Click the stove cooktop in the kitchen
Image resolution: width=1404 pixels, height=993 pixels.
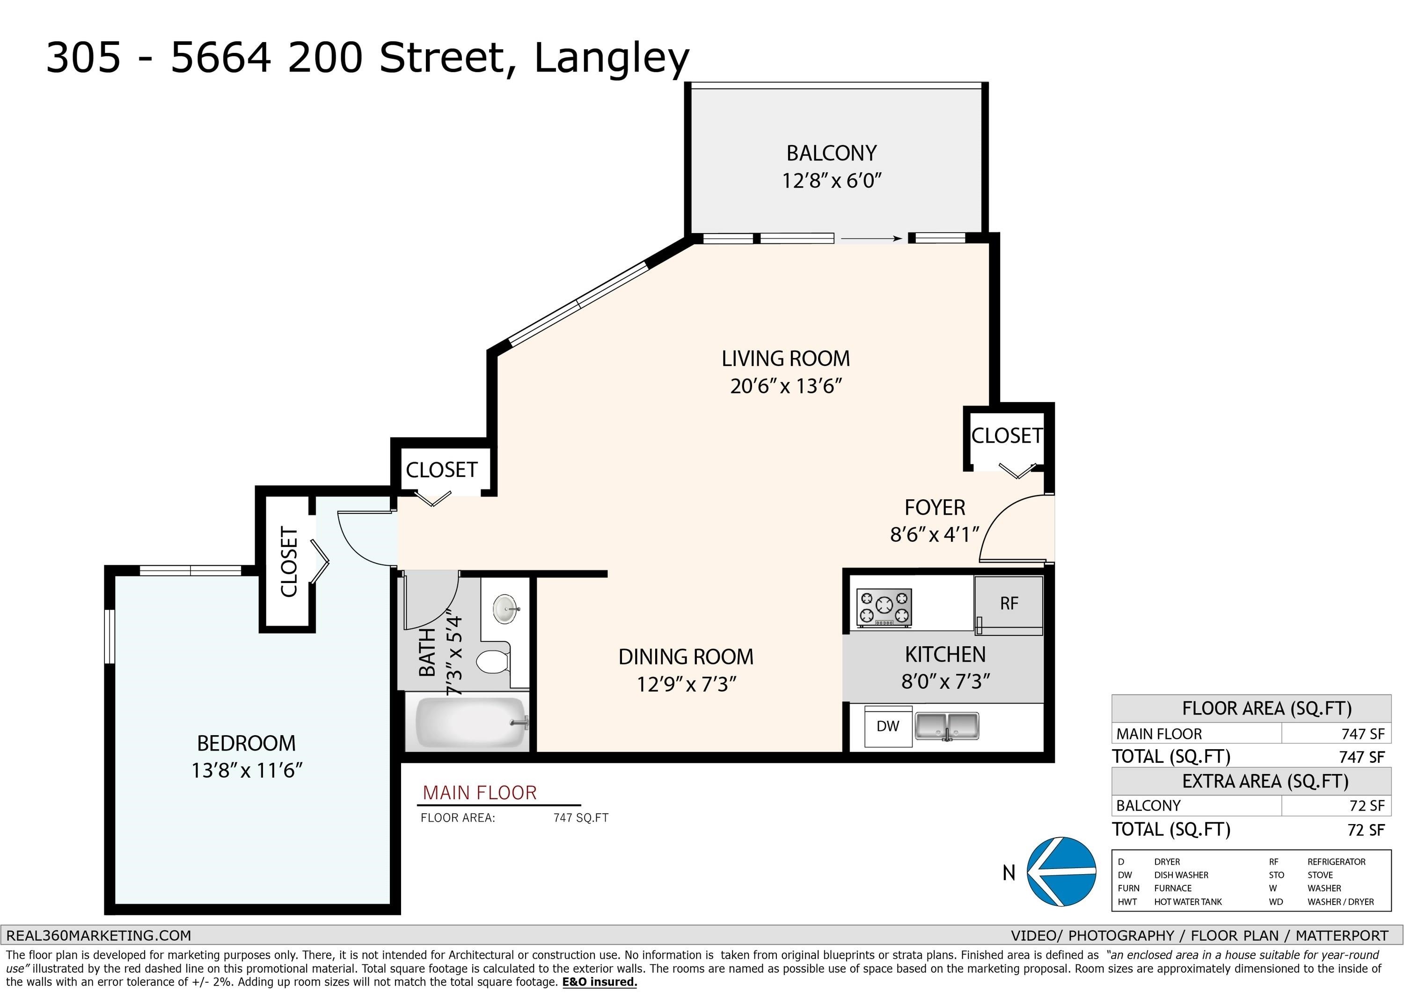tap(884, 607)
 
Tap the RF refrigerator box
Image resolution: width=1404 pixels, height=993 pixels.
tap(1009, 605)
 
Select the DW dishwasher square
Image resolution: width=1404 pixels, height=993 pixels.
tap(888, 726)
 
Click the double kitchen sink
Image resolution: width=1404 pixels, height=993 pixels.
tap(947, 726)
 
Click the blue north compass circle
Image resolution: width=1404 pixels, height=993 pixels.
tap(1061, 871)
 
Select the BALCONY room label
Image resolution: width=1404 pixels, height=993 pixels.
tap(832, 153)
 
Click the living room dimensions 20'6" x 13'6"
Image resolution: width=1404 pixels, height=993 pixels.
tap(786, 387)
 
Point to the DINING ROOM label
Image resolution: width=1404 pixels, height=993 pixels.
tap(686, 657)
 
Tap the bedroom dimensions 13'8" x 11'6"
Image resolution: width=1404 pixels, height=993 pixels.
tap(247, 770)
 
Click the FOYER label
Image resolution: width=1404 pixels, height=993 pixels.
tap(935, 508)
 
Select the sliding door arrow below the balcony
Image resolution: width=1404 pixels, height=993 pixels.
tap(872, 239)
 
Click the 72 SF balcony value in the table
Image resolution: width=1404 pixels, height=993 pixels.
tap(1367, 806)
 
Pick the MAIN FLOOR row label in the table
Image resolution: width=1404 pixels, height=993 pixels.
tap(1159, 734)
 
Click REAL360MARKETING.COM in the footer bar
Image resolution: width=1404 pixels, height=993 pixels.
tap(98, 935)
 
